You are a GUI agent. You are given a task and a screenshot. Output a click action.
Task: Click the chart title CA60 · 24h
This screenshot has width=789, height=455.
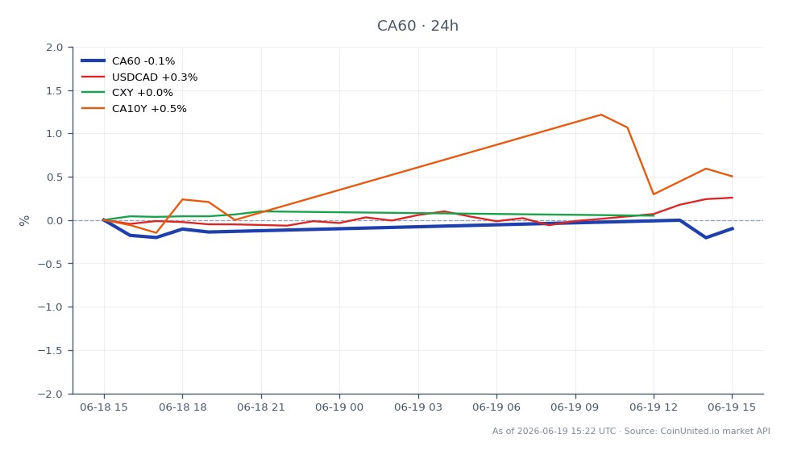tap(417, 26)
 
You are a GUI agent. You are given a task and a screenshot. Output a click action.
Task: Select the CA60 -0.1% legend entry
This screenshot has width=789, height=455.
tap(128, 61)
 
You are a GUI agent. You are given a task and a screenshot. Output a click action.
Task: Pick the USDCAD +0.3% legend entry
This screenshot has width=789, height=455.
tap(139, 77)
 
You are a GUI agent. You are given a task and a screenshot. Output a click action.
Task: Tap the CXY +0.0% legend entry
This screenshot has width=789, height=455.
tap(127, 93)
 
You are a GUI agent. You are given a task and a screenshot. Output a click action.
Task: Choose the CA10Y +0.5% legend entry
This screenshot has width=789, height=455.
tap(134, 109)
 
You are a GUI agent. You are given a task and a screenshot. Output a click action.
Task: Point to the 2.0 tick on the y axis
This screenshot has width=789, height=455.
tap(54, 48)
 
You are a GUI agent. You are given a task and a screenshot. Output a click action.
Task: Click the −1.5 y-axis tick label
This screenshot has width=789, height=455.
tap(50, 351)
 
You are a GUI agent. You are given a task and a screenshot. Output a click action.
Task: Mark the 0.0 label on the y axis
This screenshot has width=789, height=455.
tap(54, 221)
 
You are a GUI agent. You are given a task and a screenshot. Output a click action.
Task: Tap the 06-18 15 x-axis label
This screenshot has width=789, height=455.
tap(104, 407)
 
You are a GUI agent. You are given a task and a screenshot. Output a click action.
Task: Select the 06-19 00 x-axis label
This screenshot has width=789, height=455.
tap(339, 407)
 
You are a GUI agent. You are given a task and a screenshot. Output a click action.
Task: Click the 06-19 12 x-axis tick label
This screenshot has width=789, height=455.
tap(654, 407)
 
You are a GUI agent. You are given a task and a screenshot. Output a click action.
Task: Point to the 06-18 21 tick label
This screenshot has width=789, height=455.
tap(261, 407)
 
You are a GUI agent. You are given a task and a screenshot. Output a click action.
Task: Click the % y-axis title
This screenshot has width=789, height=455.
tap(24, 221)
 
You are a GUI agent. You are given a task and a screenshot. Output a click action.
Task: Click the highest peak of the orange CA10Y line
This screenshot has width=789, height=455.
tap(600, 115)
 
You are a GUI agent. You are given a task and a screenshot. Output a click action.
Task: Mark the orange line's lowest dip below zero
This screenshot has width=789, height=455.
tap(156, 233)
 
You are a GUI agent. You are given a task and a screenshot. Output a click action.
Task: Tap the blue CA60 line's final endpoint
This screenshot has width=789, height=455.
tap(732, 228)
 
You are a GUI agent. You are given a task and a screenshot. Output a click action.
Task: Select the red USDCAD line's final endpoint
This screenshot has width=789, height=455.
tap(732, 198)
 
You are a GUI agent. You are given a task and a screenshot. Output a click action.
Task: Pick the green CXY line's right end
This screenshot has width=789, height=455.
tap(654, 215)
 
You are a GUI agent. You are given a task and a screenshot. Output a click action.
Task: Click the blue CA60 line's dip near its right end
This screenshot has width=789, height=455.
tap(706, 237)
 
